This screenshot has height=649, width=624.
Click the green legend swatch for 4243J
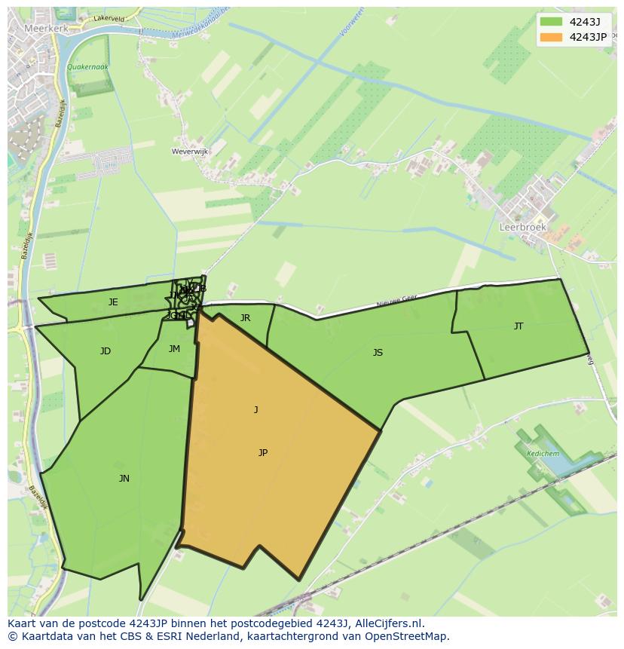(x=552, y=22)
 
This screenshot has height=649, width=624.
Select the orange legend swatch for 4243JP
(x=552, y=37)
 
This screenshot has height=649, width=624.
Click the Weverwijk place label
(x=190, y=152)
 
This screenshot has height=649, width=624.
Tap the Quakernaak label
(x=87, y=67)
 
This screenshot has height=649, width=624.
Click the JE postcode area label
(x=113, y=302)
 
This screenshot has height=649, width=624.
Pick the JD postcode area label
(x=106, y=351)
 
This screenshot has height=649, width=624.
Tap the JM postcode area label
(x=174, y=349)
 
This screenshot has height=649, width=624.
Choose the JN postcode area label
(x=124, y=479)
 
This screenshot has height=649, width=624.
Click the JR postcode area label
(x=245, y=318)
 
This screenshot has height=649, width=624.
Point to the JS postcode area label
(x=378, y=353)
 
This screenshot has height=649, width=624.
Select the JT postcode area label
(x=518, y=326)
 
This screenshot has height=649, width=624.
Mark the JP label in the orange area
(x=262, y=453)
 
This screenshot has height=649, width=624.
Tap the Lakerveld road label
(x=110, y=17)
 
